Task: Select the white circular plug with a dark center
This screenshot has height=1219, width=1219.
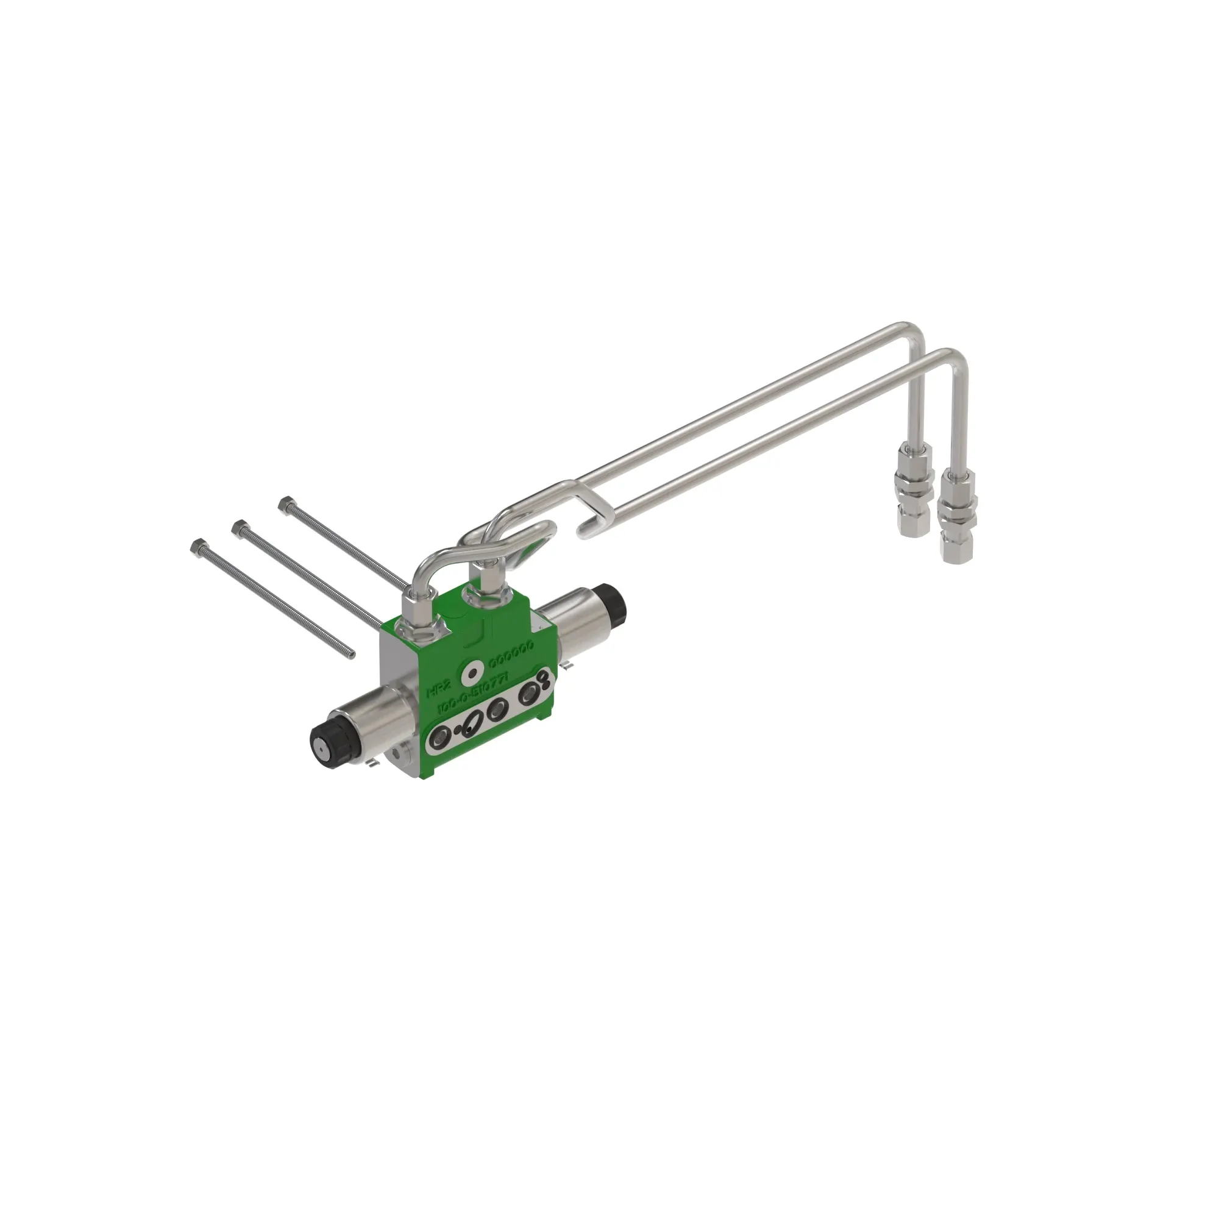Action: tap(470, 673)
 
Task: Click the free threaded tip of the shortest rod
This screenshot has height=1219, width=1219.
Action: tap(350, 656)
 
